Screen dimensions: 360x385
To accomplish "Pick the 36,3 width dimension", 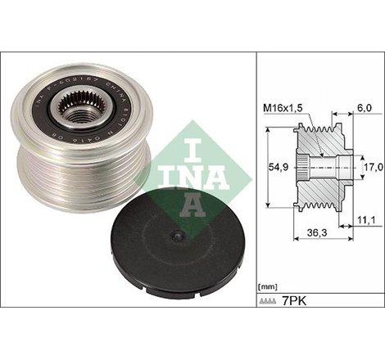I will pos(310,234).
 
